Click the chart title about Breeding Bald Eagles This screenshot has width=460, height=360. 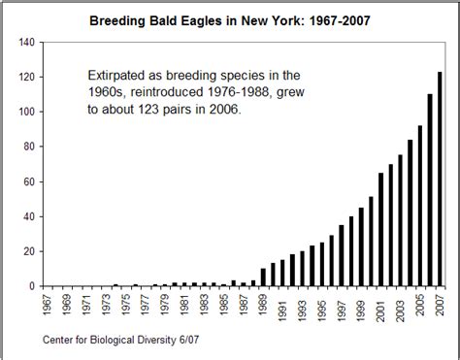click(229, 18)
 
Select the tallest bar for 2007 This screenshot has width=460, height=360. click(441, 179)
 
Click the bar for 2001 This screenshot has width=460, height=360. click(381, 229)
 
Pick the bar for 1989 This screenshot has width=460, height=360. click(263, 278)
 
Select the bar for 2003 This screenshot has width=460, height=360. click(401, 220)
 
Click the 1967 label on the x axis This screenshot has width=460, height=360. click(46, 304)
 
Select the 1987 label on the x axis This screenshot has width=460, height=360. click(244, 304)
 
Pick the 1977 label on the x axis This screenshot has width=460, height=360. click(145, 304)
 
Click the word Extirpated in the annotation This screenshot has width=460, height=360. click(115, 74)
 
